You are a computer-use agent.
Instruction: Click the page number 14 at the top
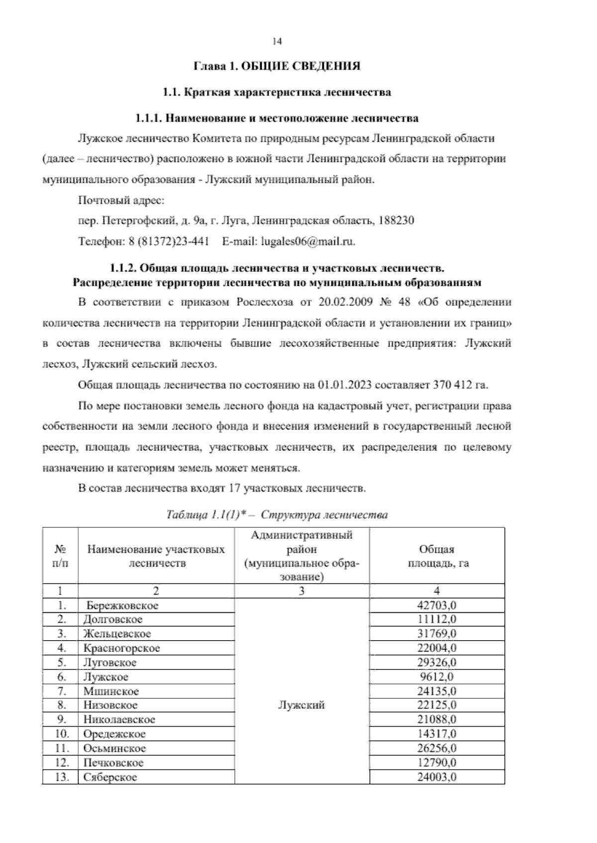point(277,42)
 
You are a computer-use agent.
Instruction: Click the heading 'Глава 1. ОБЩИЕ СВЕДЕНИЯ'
point(277,66)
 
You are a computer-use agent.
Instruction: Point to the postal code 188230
point(396,220)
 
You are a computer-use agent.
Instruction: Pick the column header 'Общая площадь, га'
point(436,556)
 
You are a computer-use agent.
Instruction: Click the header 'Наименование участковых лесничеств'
point(156,556)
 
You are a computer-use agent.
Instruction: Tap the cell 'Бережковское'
point(122,605)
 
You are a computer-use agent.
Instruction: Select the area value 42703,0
point(436,605)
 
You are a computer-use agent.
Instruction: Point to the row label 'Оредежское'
point(114,734)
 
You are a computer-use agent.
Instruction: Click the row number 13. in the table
point(61,777)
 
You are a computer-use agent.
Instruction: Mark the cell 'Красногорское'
point(121,648)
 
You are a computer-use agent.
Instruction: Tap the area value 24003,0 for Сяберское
point(436,777)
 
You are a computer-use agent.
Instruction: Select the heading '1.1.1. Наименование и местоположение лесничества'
point(277,118)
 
